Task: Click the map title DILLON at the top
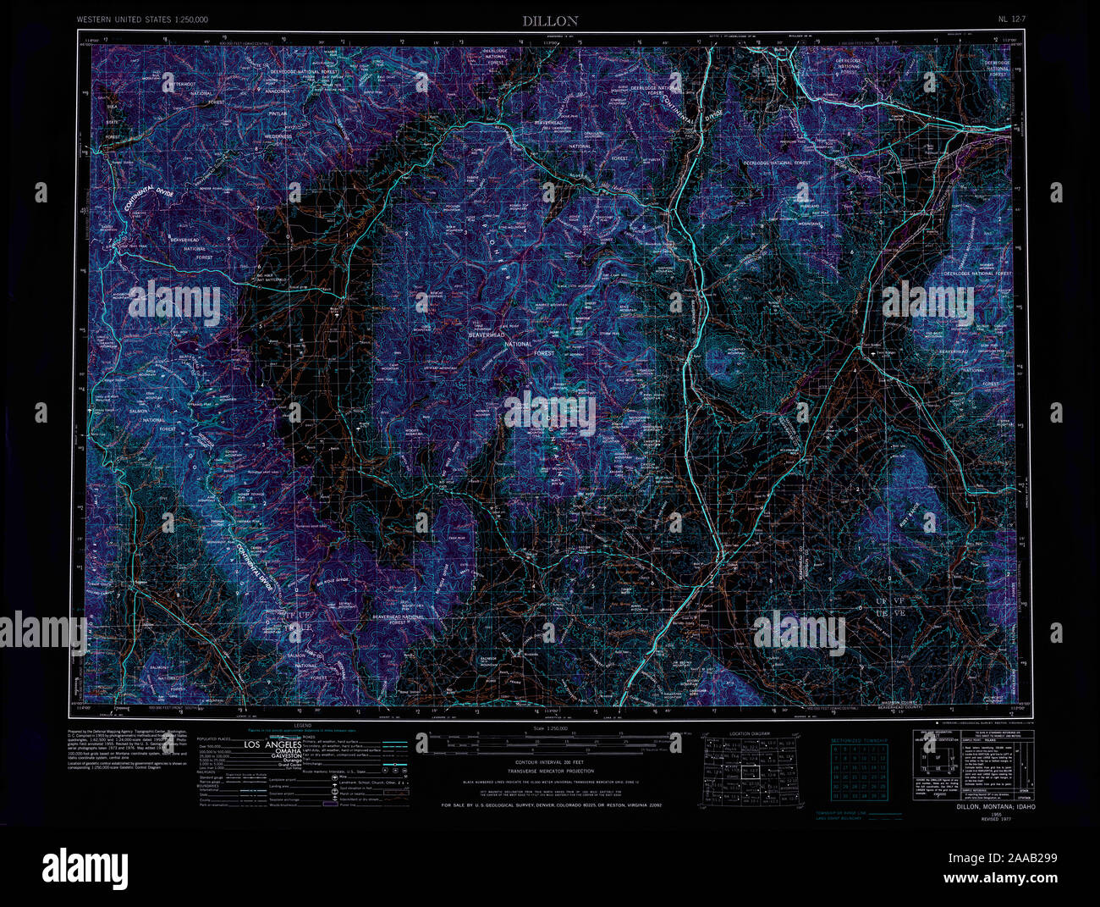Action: tap(549, 19)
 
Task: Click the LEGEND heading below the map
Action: tap(302, 726)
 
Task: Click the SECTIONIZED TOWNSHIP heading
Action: tap(859, 739)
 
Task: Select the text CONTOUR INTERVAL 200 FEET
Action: tap(550, 762)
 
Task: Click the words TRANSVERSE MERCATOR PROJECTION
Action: tap(550, 772)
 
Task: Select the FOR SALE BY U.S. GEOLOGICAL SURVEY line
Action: tap(550, 806)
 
